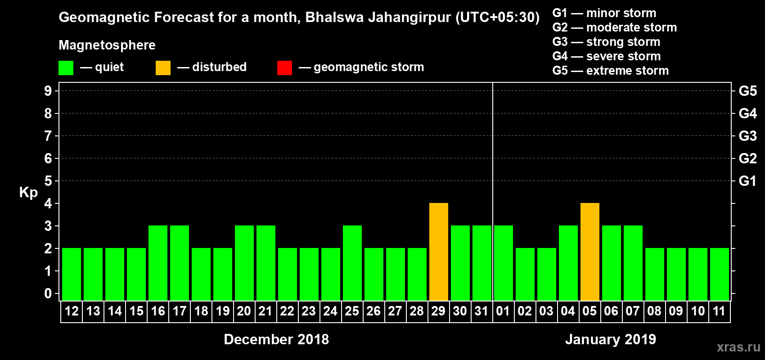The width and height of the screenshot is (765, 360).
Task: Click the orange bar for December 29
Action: (439, 252)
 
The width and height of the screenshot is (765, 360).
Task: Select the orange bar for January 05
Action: (590, 252)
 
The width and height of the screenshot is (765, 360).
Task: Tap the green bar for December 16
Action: (158, 263)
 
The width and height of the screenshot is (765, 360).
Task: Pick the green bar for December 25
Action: (352, 263)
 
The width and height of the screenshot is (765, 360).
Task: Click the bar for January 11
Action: (720, 274)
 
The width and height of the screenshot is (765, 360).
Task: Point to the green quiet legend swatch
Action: (66, 68)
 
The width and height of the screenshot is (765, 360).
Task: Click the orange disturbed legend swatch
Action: (163, 68)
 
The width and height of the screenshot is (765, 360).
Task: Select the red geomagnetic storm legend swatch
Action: (285, 68)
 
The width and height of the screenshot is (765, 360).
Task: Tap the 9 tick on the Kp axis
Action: (48, 91)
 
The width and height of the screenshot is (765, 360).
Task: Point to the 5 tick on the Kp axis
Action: (48, 181)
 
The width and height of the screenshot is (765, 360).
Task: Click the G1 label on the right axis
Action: (747, 181)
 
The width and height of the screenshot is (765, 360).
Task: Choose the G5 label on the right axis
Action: (747, 91)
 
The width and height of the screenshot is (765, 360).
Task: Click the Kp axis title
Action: (28, 193)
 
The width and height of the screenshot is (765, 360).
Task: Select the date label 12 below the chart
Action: (72, 311)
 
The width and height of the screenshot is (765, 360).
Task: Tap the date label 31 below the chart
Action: (481, 311)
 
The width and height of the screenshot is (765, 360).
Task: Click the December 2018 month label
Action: (276, 339)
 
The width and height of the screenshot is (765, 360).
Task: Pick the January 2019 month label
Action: (611, 339)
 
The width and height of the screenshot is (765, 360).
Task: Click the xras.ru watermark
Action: (738, 347)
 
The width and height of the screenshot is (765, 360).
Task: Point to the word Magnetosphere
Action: (107, 45)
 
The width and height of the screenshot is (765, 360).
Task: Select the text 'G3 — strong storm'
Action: (606, 42)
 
